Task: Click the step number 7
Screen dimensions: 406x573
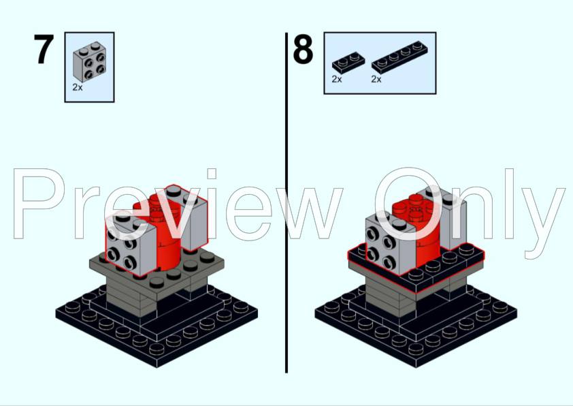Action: (x=44, y=50)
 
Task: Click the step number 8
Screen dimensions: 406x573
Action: (x=303, y=50)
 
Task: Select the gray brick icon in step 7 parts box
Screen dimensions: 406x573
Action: (x=90, y=63)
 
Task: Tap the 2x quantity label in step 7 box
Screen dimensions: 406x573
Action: (x=77, y=88)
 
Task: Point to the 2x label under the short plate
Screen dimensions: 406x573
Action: (x=337, y=80)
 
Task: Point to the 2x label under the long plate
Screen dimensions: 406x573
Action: (x=376, y=80)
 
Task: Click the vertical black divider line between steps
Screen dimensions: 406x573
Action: (x=286, y=204)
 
